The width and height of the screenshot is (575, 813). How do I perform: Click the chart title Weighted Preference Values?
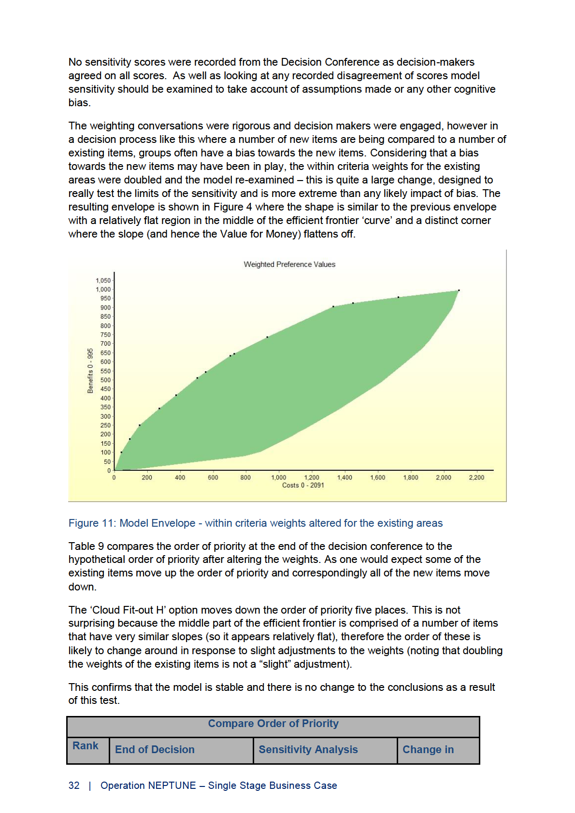[x=289, y=265]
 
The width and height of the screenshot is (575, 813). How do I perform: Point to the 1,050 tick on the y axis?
[x=103, y=280]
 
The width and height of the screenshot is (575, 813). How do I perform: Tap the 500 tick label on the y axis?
[x=105, y=380]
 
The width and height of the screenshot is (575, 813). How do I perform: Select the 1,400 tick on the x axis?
[x=345, y=477]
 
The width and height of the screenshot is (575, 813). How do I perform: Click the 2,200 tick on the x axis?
[x=476, y=477]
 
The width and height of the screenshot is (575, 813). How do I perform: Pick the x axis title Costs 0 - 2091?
[x=303, y=485]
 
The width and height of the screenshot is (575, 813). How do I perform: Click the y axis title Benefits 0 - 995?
[x=90, y=371]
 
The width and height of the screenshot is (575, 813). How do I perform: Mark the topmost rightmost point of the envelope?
[x=459, y=291]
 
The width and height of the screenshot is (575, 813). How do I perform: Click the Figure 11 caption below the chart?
[x=255, y=523]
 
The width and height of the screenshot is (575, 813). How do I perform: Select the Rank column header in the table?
[x=86, y=746]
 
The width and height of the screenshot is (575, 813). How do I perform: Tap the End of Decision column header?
[x=155, y=750]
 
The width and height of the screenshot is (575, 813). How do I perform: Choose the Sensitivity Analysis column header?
[x=308, y=750]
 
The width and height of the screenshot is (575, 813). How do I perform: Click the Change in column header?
[x=428, y=750]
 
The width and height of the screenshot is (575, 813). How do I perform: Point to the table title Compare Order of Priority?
[x=273, y=724]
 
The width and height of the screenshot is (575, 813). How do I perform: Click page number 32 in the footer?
[x=74, y=785]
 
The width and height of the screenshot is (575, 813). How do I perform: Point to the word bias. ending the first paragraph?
[x=79, y=103]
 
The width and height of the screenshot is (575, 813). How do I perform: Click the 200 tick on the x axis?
[x=147, y=477]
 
